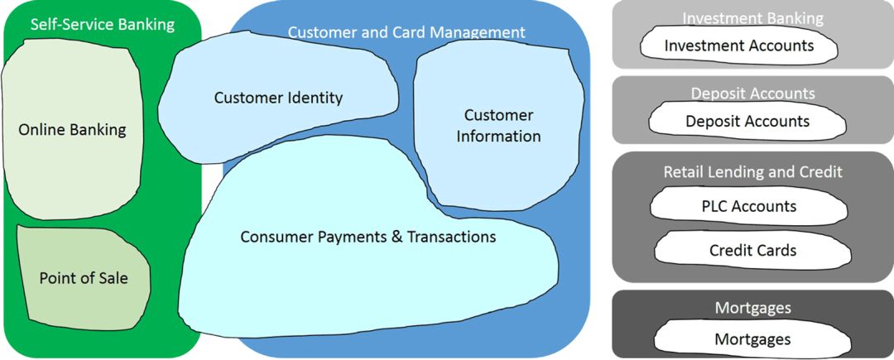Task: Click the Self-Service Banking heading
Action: tap(103, 24)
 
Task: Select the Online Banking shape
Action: tap(72, 130)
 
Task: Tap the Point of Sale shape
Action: tap(84, 278)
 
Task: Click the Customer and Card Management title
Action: tap(406, 32)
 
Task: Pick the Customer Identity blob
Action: tap(278, 98)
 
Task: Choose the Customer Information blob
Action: tap(498, 126)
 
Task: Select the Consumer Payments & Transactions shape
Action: tap(368, 237)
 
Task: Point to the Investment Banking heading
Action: tap(752, 18)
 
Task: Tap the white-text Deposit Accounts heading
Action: tap(752, 94)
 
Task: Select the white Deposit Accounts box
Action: tap(747, 122)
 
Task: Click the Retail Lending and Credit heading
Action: tap(752, 172)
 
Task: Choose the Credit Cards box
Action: tap(752, 250)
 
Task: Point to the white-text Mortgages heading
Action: tap(752, 308)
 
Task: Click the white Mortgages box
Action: tap(752, 339)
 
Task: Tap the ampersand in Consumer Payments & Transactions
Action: tap(397, 237)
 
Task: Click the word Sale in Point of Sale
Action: tap(112, 278)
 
